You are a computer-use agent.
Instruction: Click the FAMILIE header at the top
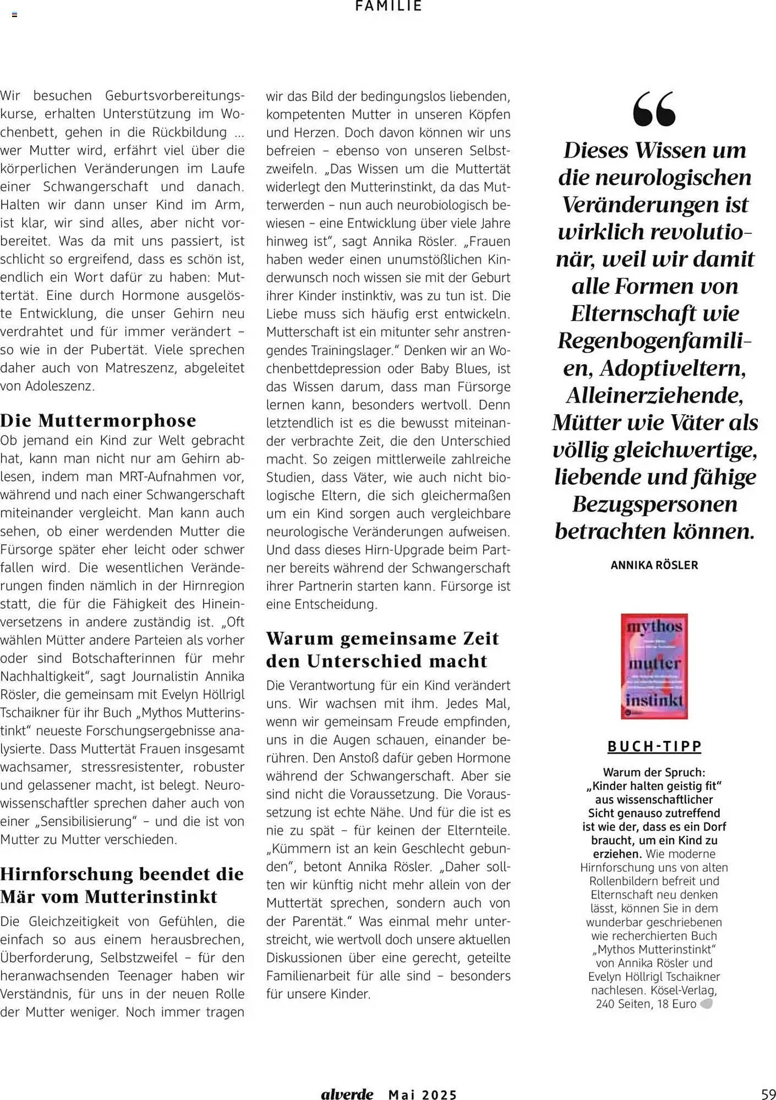(x=389, y=6)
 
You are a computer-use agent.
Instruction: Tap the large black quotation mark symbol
(x=654, y=109)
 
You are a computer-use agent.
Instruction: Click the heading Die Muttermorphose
(x=98, y=420)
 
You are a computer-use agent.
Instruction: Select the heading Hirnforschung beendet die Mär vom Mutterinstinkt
(x=122, y=884)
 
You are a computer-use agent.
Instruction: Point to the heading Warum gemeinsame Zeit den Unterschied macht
(x=382, y=649)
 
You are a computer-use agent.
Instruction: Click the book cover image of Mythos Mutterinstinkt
(x=654, y=666)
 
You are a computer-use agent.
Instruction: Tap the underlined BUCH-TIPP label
(x=654, y=746)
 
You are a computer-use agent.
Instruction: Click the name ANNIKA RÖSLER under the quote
(x=654, y=565)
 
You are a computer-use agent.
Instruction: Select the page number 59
(x=768, y=1093)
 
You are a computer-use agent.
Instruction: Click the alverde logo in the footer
(x=347, y=1094)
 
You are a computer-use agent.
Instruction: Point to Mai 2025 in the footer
(x=423, y=1094)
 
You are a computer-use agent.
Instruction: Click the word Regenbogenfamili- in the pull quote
(x=654, y=340)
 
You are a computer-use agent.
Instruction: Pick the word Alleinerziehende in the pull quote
(x=654, y=395)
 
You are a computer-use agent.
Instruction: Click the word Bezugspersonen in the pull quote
(x=654, y=504)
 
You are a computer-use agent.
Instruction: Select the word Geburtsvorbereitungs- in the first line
(x=174, y=96)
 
